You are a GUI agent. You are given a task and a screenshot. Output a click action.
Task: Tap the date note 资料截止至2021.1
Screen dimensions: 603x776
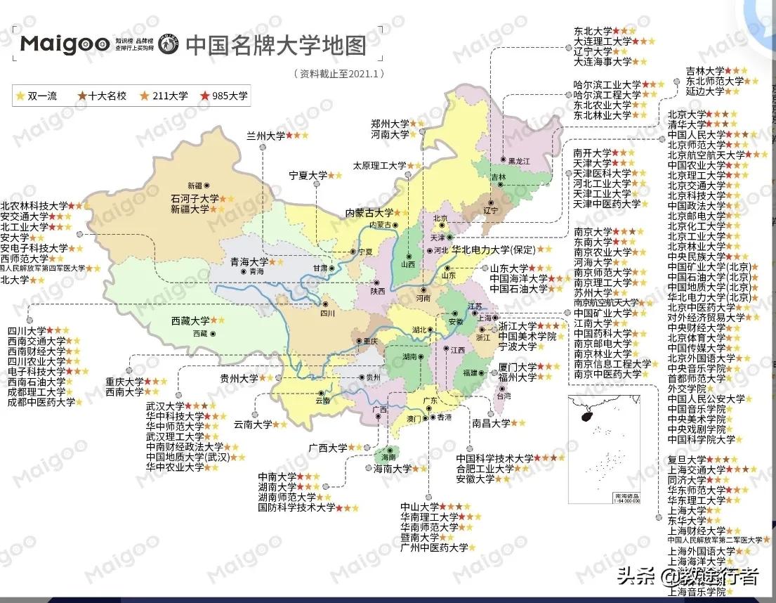[x=339, y=73]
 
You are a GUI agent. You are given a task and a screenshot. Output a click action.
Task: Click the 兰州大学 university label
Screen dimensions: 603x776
[x=265, y=135]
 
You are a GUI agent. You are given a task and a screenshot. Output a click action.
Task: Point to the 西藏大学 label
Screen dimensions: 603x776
[x=190, y=320]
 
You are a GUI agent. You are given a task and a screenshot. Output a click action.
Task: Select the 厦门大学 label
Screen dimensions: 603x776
[x=518, y=367]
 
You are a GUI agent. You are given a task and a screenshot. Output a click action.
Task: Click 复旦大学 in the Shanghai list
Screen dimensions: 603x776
[x=687, y=460]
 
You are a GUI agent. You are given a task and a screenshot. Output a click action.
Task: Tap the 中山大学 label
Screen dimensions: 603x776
[x=419, y=507]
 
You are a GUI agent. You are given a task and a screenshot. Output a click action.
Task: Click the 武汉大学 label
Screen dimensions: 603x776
[x=165, y=406]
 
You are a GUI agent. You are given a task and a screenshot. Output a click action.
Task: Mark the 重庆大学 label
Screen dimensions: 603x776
[x=124, y=382]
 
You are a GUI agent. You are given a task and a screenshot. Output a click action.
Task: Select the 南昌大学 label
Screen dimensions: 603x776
[x=491, y=423]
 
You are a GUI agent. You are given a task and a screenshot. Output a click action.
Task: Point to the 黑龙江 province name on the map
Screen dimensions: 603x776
[x=520, y=161]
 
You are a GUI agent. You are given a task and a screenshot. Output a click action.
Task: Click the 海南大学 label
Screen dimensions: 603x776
[x=392, y=469]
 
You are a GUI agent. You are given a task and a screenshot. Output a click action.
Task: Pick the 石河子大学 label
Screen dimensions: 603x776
[x=195, y=199]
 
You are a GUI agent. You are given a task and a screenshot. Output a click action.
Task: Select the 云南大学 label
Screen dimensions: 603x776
[x=253, y=424]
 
